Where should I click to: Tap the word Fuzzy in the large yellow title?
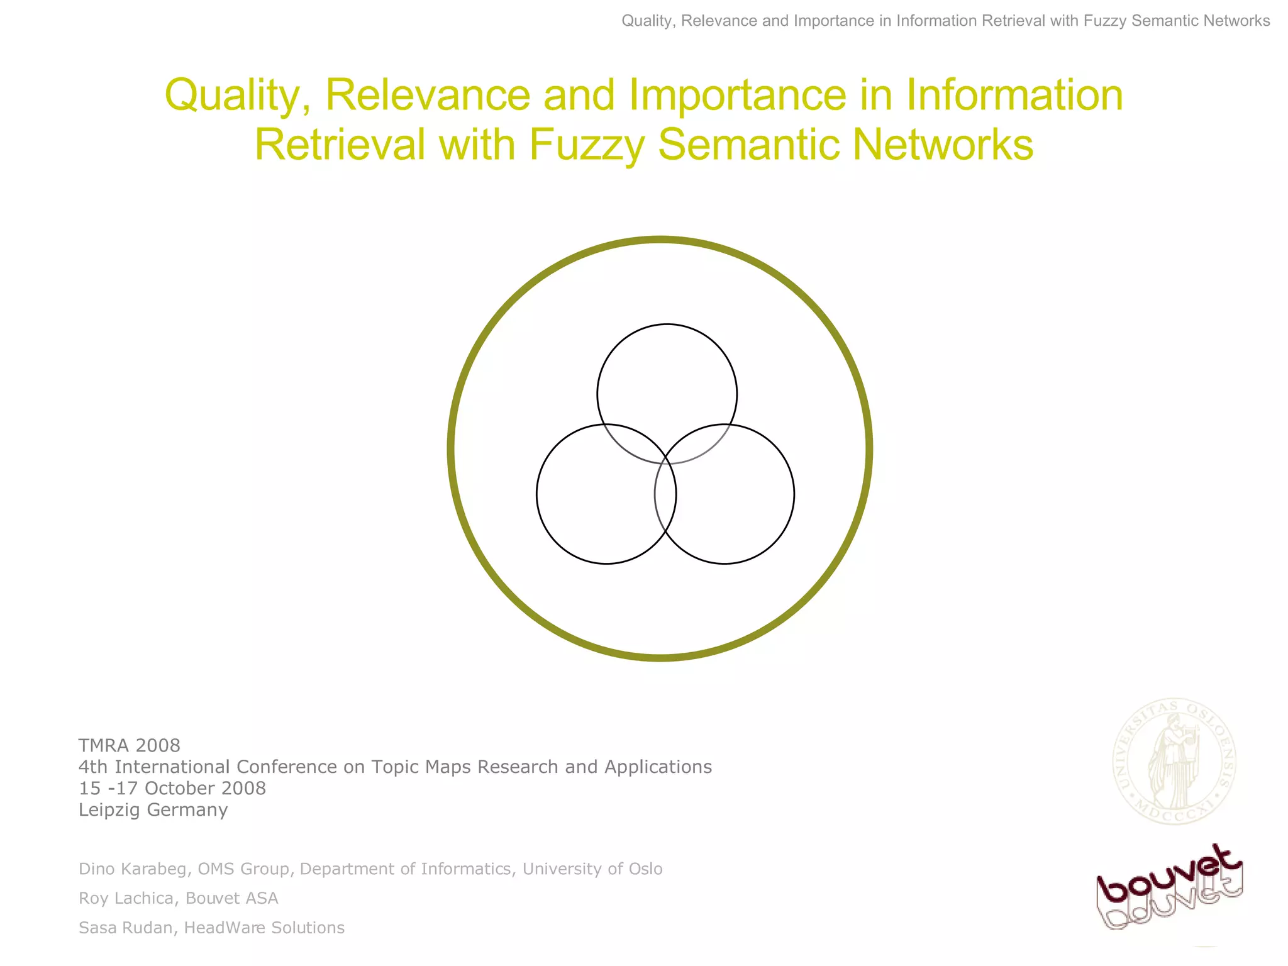click(587, 145)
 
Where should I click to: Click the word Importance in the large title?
click(737, 96)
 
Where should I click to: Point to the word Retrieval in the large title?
click(340, 145)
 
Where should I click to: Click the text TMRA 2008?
click(129, 745)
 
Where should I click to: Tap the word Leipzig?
click(109, 810)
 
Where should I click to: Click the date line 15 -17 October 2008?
click(172, 788)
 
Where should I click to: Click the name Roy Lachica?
click(126, 898)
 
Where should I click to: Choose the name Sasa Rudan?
click(126, 928)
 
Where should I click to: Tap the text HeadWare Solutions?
click(264, 928)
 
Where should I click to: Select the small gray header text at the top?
click(945, 21)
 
